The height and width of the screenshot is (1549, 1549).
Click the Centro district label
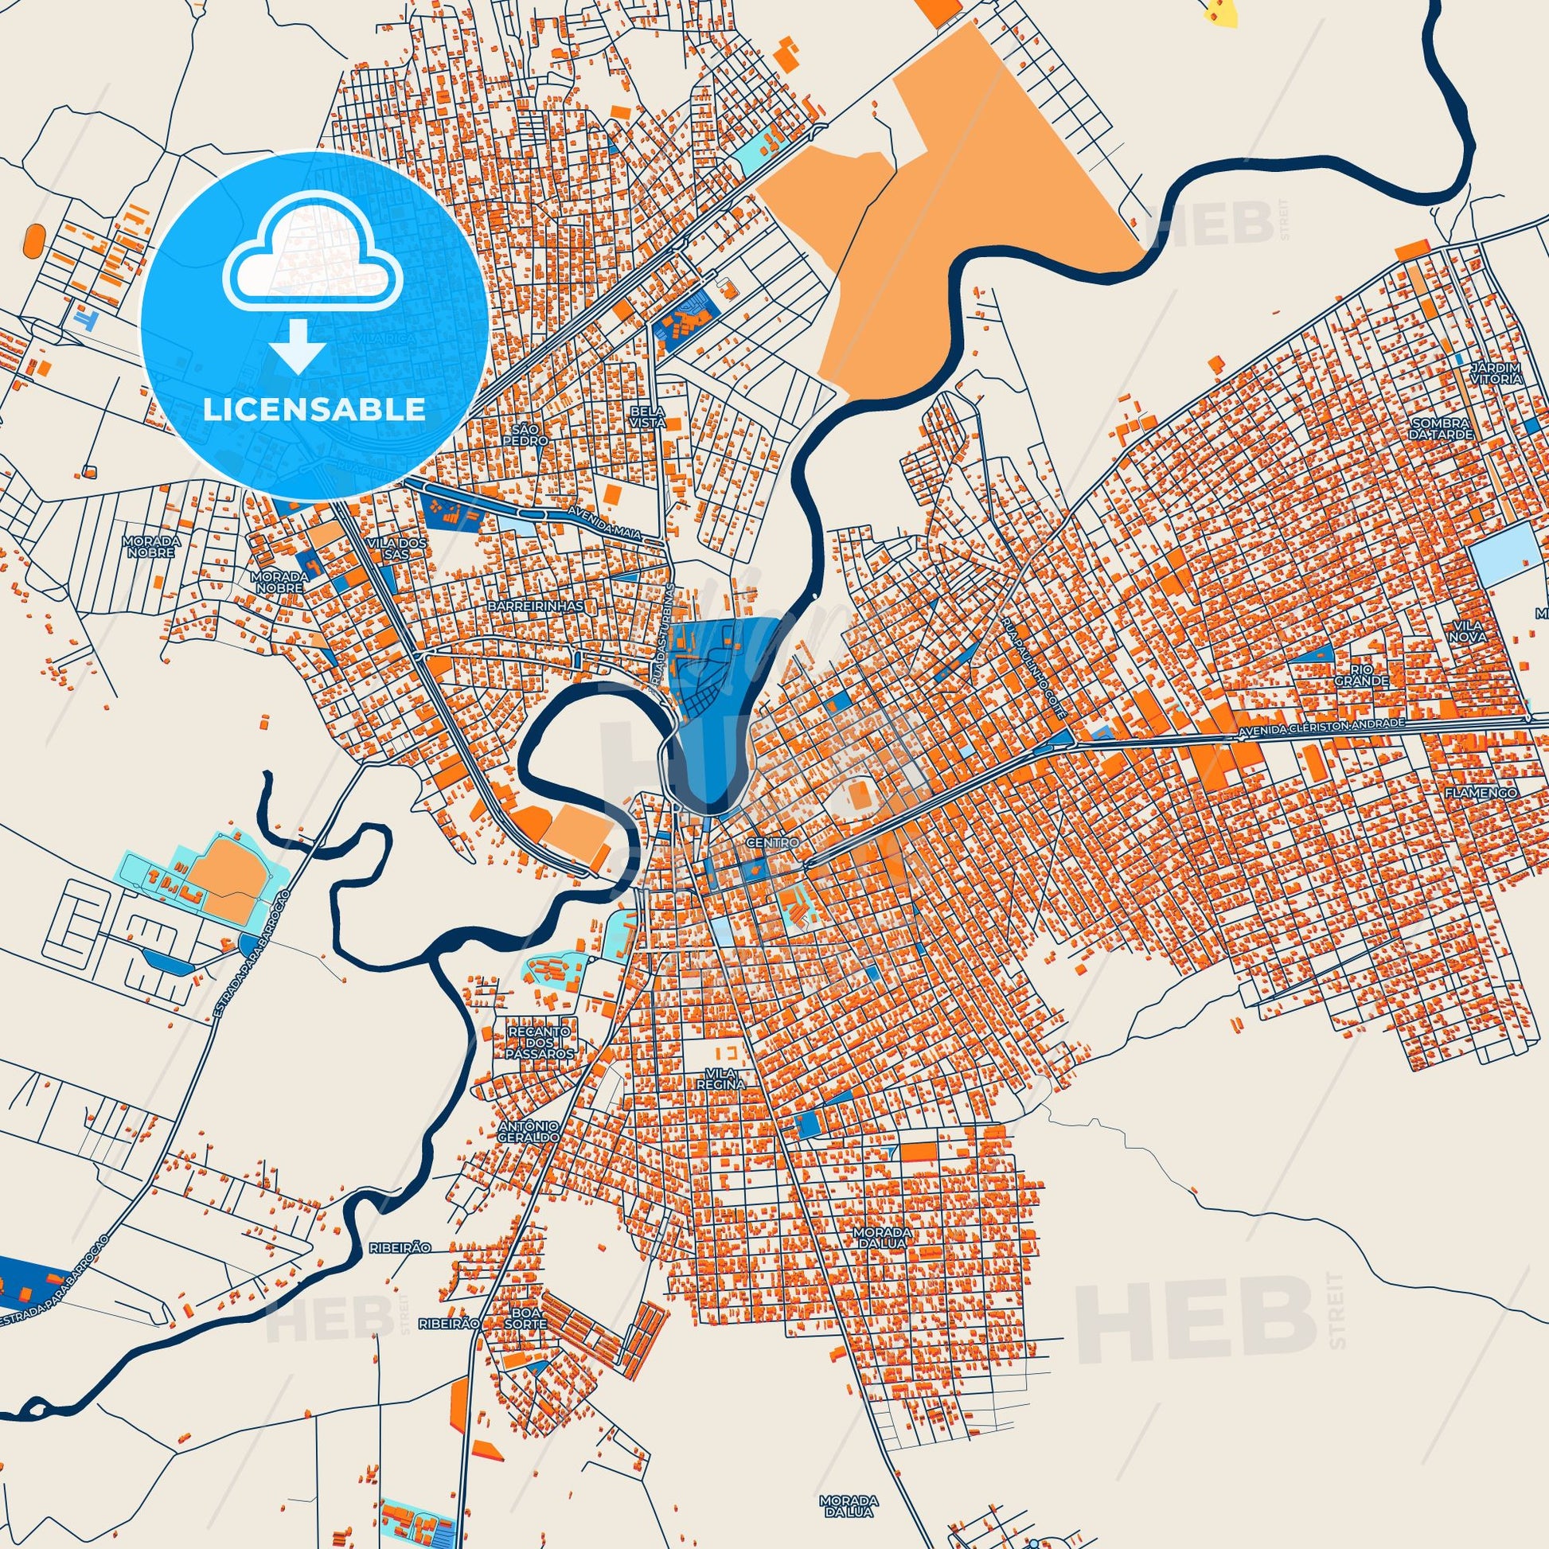[772, 844]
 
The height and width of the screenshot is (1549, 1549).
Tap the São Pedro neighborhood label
[527, 435]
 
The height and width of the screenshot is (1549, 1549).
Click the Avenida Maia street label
[601, 524]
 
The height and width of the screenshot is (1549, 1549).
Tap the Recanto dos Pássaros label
[542, 1041]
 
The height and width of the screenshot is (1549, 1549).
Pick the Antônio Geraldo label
[527, 1132]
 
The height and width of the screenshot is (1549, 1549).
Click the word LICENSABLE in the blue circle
[314, 410]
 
